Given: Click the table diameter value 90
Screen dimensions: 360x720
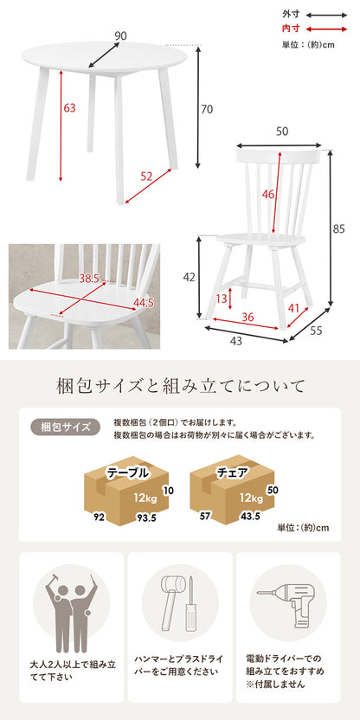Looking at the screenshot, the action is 120,35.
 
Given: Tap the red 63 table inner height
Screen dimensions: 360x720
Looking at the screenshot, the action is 69,108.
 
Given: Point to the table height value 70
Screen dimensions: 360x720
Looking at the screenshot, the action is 207,109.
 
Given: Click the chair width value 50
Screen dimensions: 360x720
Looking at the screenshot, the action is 282,132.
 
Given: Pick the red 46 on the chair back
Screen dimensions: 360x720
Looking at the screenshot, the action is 268,194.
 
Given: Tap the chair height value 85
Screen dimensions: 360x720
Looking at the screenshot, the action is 339,230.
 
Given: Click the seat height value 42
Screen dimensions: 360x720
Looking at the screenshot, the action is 190,277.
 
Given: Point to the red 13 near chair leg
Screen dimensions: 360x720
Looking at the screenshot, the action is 222,299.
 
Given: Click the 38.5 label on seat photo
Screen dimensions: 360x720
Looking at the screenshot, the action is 89,279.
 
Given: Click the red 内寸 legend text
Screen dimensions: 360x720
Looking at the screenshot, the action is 291,29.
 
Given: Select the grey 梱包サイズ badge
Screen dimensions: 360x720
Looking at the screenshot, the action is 66,427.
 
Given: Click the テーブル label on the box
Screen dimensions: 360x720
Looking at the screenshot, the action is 128,473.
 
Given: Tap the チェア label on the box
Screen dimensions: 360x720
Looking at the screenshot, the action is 233,472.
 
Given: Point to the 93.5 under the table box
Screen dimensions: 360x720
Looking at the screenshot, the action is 147,518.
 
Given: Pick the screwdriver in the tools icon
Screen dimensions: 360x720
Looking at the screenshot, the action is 190,605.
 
